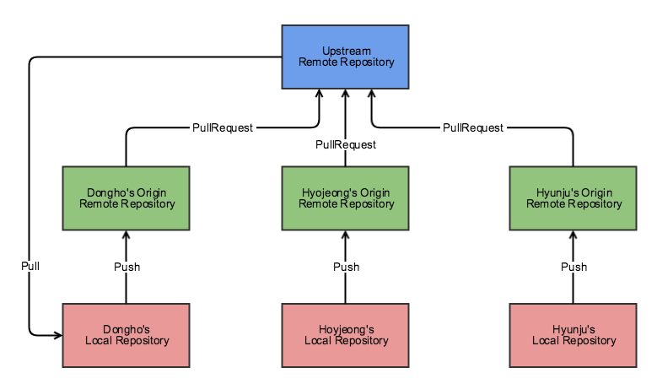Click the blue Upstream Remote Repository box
(346, 56)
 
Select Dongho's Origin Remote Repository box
(127, 197)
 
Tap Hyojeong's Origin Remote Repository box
(346, 197)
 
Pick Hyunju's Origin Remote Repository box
(574, 197)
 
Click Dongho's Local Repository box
(127, 334)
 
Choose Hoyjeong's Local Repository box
(346, 334)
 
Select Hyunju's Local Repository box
(574, 334)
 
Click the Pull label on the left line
(30, 266)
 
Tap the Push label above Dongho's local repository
(127, 267)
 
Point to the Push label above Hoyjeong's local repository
(346, 267)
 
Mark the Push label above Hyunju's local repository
(574, 267)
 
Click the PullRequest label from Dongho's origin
(223, 127)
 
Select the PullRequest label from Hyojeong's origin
(346, 144)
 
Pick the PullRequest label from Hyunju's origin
(473, 127)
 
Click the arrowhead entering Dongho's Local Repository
(58, 335)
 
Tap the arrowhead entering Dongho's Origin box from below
(127, 235)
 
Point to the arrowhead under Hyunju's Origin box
(574, 235)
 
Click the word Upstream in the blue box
(346, 51)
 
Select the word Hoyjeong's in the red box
(346, 328)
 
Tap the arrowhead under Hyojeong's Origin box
(346, 235)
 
